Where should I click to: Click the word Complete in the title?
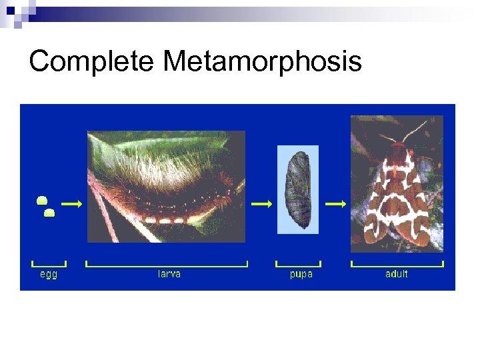tap(92, 62)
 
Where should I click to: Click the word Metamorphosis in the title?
tap(262, 62)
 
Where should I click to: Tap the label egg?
tap(49, 274)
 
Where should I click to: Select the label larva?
tap(169, 274)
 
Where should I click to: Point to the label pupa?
tap(301, 274)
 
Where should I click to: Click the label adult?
tap(396, 274)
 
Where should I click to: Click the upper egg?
tap(41, 199)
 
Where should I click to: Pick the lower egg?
tap(49, 213)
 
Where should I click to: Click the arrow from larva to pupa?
tap(262, 203)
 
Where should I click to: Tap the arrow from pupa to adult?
tap(336, 203)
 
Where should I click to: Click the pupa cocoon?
tap(298, 190)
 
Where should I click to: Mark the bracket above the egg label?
tap(49, 265)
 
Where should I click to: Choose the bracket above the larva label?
tap(167, 265)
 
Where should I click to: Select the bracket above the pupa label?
tap(298, 265)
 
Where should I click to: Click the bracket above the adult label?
tap(397, 265)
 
